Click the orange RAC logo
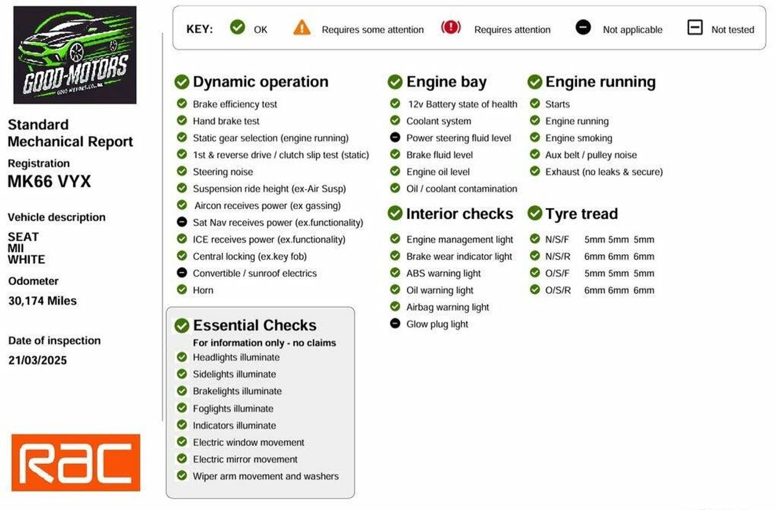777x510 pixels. tap(76, 463)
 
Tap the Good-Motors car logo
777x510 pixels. tap(74, 55)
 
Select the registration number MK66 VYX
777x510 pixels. tap(49, 181)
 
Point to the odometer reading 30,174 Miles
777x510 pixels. tap(43, 301)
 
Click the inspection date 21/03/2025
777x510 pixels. tap(38, 360)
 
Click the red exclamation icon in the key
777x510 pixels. tap(451, 27)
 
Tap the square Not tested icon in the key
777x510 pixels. tap(695, 27)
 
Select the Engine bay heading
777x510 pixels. tap(446, 81)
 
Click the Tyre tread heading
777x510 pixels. tap(581, 214)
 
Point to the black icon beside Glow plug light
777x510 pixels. tap(395, 324)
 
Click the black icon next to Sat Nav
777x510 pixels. tap(182, 222)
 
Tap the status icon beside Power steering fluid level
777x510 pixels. tap(395, 138)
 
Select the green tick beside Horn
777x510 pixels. tap(182, 290)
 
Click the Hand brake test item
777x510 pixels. tap(226, 121)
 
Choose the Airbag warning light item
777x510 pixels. tap(447, 307)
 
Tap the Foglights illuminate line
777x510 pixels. tap(233, 409)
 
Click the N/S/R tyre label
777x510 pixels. tap(557, 256)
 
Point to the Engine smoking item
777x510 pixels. tap(578, 138)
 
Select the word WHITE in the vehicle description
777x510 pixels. tap(26, 260)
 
